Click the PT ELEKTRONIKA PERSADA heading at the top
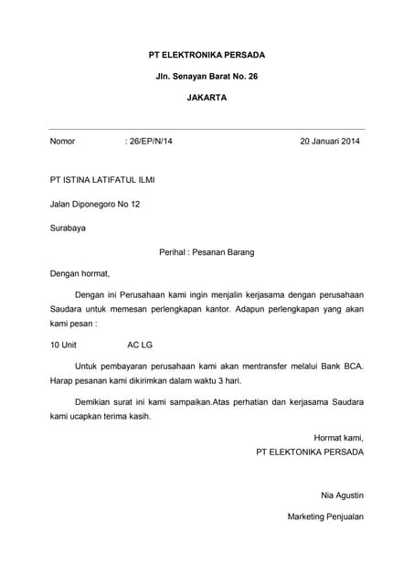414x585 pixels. coord(207,56)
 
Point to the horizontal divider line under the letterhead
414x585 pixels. coord(207,129)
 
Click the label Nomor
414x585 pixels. coord(62,142)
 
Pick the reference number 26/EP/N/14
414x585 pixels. coord(148,142)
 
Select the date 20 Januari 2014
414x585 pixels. coord(330,142)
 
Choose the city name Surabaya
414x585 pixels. coord(68,228)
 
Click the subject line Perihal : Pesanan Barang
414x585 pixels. coord(207,251)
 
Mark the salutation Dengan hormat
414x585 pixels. coord(80,273)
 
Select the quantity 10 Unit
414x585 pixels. coord(64,346)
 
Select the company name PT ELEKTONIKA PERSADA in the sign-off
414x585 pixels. coord(310,452)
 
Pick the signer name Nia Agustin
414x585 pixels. coord(342,495)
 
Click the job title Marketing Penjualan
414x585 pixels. coord(325,517)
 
